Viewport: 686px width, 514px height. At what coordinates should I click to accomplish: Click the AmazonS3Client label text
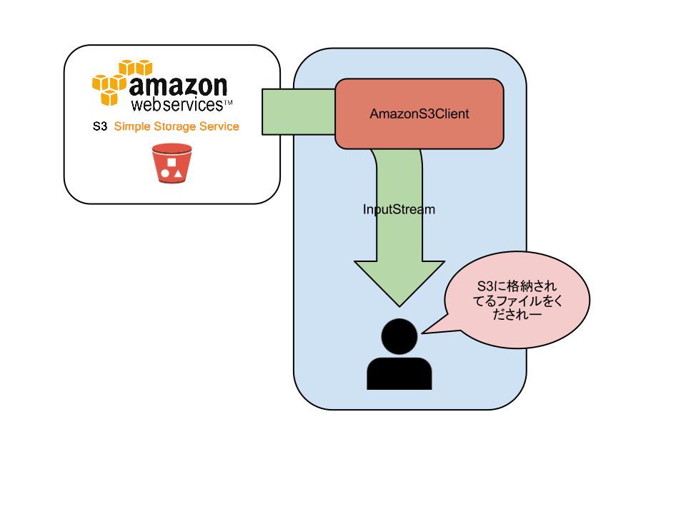pos(419,114)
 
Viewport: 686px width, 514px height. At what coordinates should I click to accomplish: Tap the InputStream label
pos(399,210)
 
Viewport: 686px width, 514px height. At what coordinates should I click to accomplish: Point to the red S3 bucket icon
pos(172,163)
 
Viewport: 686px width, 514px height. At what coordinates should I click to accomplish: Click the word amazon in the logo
pos(178,87)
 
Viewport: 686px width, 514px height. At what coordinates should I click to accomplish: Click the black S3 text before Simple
pos(100,127)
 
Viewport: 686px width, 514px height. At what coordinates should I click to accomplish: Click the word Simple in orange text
pos(132,127)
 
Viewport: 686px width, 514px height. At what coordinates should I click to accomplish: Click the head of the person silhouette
pos(399,336)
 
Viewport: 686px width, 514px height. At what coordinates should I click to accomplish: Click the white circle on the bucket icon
pos(165,173)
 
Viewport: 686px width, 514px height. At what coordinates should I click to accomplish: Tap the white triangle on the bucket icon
pos(178,173)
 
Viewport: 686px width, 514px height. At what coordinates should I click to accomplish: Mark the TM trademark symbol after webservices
pos(229,104)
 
